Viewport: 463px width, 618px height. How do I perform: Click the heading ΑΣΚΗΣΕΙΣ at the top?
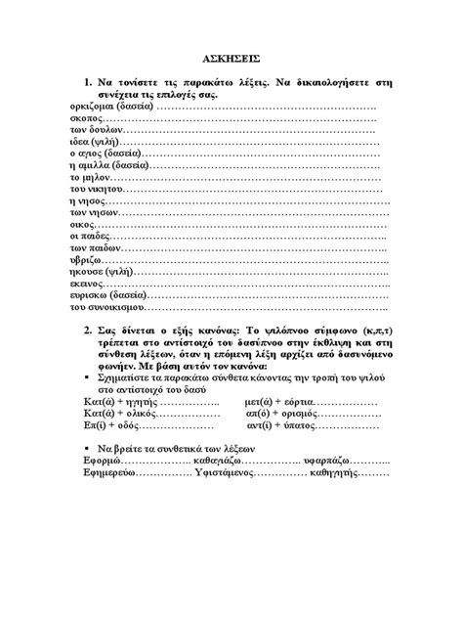click(x=231, y=60)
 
